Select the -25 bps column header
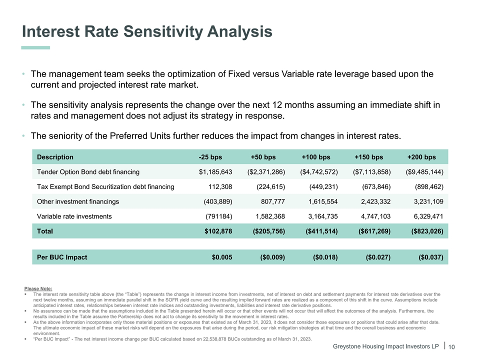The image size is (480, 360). tap(210, 157)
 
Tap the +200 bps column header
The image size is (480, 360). tap(421, 157)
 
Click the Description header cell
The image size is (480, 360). tap(55, 157)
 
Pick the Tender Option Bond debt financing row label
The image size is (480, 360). tap(88, 172)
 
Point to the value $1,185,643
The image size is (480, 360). tap(215, 172)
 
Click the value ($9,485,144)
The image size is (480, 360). tap(424, 172)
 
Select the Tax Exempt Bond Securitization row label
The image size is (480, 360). tap(105, 187)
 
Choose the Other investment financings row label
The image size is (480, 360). tap(78, 201)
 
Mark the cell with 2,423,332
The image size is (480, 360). tap(373, 201)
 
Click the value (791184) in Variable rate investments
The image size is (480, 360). tap(219, 216)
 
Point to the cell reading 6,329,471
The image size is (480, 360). tap(426, 216)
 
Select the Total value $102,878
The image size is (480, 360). tap(218, 231)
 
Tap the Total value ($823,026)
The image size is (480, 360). tap(427, 231)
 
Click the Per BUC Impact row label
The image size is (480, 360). tap(62, 257)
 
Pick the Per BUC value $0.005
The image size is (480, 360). tap(222, 257)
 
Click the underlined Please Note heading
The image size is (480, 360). tap(38, 288)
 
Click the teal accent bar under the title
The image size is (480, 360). tap(35, 47)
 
